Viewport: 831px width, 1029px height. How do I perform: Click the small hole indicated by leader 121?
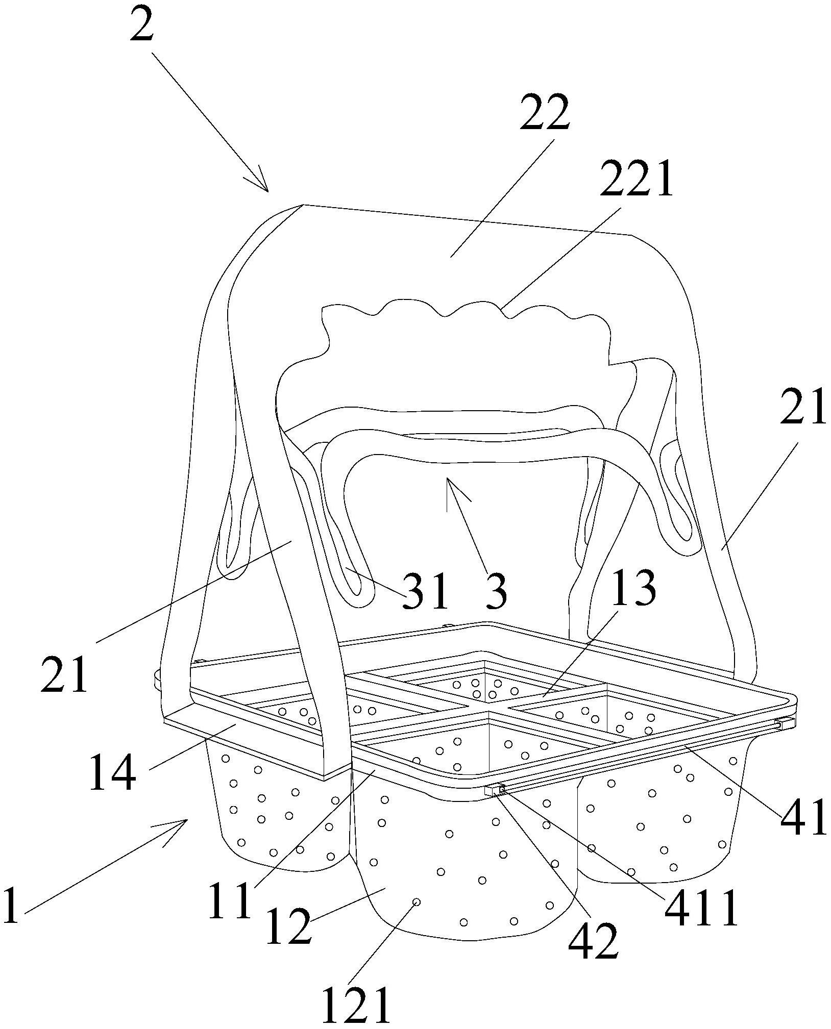tap(417, 916)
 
